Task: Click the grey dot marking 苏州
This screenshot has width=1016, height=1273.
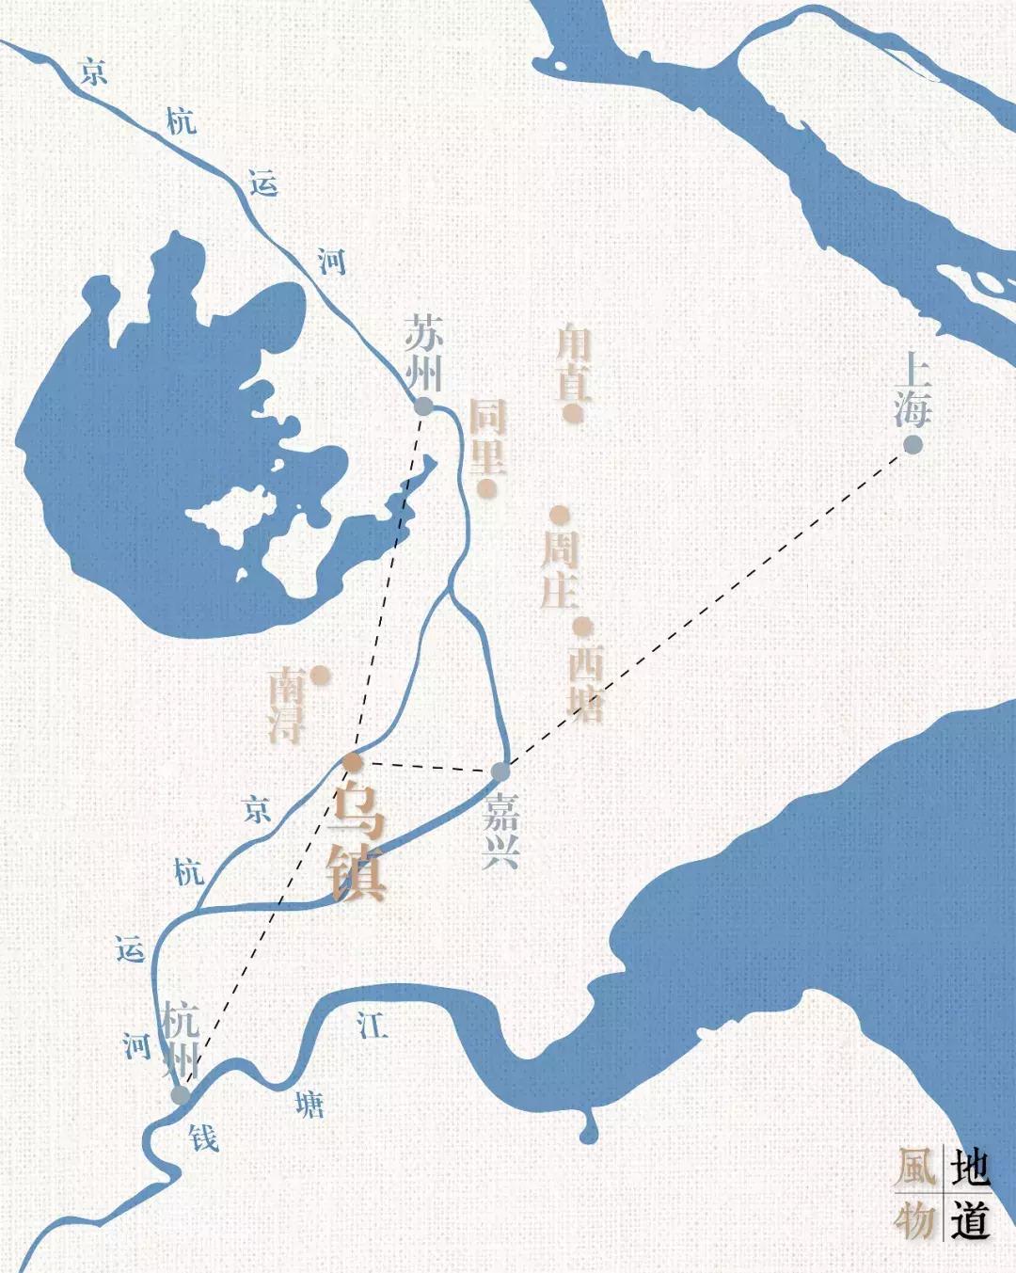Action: pos(423,406)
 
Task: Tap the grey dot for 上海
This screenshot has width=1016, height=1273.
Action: pos(913,444)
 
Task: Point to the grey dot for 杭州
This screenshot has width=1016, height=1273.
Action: pos(180,1095)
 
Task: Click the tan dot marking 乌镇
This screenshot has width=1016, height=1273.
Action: pos(352,762)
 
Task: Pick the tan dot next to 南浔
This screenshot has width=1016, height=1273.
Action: pos(320,674)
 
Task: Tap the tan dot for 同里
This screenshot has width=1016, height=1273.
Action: pos(486,487)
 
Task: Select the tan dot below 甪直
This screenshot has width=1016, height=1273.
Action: pos(570,412)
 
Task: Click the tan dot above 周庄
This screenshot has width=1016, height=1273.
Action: pos(560,515)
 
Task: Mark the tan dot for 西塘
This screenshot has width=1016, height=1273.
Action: pos(583,626)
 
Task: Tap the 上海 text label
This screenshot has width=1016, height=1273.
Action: pos(913,388)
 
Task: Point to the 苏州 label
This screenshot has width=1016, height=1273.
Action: pos(423,352)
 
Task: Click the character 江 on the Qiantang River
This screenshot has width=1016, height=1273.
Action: pos(372,1025)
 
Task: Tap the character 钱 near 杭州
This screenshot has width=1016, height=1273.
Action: pos(204,1138)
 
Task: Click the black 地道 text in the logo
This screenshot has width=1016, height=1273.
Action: pos(970,1193)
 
